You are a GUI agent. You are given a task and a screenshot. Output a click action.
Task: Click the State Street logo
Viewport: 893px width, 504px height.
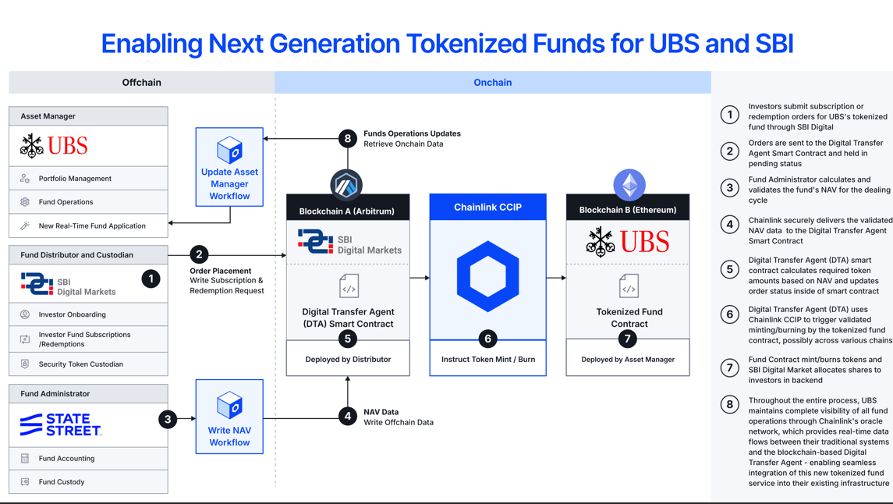pyautogui.click(x=61, y=425)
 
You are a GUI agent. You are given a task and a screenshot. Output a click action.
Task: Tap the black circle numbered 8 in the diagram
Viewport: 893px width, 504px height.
pyautogui.click(x=347, y=138)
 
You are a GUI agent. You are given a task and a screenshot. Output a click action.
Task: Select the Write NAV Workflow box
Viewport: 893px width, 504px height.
pyautogui.click(x=229, y=417)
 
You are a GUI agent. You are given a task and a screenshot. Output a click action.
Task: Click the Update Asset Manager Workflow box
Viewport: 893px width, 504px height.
pyautogui.click(x=229, y=167)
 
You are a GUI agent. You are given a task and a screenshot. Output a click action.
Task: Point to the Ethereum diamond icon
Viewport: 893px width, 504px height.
pyautogui.click(x=629, y=185)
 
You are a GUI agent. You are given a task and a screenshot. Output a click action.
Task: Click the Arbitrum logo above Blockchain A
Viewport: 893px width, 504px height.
pyautogui.click(x=346, y=185)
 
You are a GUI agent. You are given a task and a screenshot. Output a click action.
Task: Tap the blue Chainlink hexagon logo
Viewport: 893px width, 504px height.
pyautogui.click(x=487, y=276)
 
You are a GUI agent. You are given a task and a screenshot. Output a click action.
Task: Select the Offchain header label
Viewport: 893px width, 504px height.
pyautogui.click(x=142, y=83)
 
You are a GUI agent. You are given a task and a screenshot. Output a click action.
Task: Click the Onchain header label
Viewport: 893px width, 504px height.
pyautogui.click(x=493, y=83)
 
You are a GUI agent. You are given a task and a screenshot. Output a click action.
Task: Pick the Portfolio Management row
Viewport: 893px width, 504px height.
pyautogui.click(x=88, y=178)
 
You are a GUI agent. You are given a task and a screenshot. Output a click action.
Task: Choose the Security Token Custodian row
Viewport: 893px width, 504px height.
pyautogui.click(x=88, y=364)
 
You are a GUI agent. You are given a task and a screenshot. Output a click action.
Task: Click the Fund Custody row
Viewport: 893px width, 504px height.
pyautogui.click(x=88, y=482)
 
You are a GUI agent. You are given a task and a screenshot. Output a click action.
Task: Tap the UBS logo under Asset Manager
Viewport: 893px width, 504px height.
pyautogui.click(x=54, y=146)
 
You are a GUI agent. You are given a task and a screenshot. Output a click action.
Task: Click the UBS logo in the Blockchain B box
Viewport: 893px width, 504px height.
pyautogui.click(x=628, y=241)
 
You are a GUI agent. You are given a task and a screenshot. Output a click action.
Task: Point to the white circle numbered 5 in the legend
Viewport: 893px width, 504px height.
pyautogui.click(x=729, y=269)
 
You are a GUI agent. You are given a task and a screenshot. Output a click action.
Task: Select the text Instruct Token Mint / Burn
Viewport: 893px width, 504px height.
pyautogui.click(x=488, y=360)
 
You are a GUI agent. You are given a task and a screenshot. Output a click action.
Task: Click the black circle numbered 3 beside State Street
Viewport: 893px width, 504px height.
pyautogui.click(x=168, y=419)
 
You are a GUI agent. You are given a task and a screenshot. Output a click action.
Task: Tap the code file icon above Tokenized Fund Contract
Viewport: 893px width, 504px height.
pyautogui.click(x=629, y=286)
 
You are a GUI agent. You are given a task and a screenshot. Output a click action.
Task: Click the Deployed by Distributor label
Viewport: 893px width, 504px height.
pyautogui.click(x=348, y=360)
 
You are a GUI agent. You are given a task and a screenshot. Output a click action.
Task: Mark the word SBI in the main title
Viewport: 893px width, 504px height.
pyautogui.click(x=774, y=44)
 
